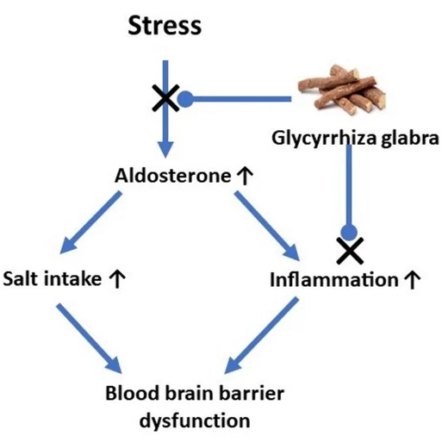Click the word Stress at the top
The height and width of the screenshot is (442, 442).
click(165, 26)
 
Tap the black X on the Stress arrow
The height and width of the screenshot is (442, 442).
click(165, 98)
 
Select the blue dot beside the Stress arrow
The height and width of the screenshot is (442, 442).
click(185, 99)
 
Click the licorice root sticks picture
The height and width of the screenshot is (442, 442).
click(342, 90)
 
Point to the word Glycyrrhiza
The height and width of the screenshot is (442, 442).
click(324, 139)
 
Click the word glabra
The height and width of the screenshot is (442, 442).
click(410, 138)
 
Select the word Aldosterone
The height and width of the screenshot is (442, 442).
click(173, 176)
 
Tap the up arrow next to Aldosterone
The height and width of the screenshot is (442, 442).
click(245, 176)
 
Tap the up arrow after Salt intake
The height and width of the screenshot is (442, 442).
click(117, 279)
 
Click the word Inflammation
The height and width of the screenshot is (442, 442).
click(334, 279)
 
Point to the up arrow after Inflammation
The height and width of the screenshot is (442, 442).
click(412, 280)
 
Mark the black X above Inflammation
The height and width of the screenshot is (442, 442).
click(350, 251)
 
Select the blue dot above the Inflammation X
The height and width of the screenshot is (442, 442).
click(349, 232)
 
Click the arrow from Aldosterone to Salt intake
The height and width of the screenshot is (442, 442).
click(90, 223)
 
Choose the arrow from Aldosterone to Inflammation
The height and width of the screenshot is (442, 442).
click(267, 226)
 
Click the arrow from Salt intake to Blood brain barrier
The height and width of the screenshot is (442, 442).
click(90, 339)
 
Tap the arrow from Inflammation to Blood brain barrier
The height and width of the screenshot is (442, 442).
click(261, 335)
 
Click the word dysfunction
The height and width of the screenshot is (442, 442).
click(195, 421)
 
